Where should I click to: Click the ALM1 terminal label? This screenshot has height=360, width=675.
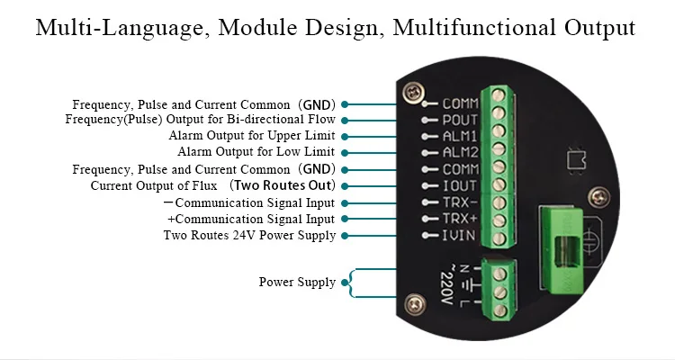point(460,136)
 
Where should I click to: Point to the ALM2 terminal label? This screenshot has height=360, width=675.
point(460,153)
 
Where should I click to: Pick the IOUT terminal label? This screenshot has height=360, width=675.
point(460,186)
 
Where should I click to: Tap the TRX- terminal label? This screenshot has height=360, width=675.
point(460,203)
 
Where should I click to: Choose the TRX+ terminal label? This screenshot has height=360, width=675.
point(460,220)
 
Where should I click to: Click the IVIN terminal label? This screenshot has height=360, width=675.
point(460,237)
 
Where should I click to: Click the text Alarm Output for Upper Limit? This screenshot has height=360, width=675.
point(252,136)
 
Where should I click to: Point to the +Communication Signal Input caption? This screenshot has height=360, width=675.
point(251,220)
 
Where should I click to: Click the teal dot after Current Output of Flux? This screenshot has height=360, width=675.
point(346,186)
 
